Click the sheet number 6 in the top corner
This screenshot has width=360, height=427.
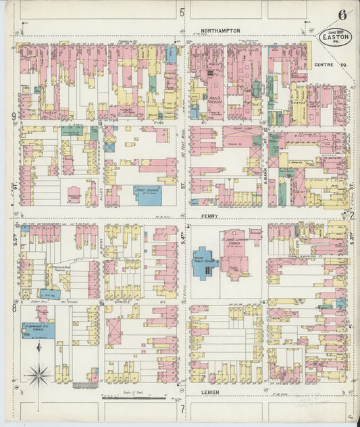pos(343,14)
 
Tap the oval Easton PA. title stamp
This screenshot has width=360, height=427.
pos(334,38)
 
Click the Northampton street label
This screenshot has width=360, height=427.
pos(220,30)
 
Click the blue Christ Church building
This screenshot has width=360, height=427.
pos(147,195)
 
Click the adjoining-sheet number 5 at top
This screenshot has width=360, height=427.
pos(182,11)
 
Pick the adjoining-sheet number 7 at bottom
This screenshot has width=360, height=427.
pos(182,409)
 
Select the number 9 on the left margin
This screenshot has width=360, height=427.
pos(14,117)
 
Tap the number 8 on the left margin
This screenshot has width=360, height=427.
pos(14,308)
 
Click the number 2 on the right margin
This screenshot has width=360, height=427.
pos(352,216)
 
